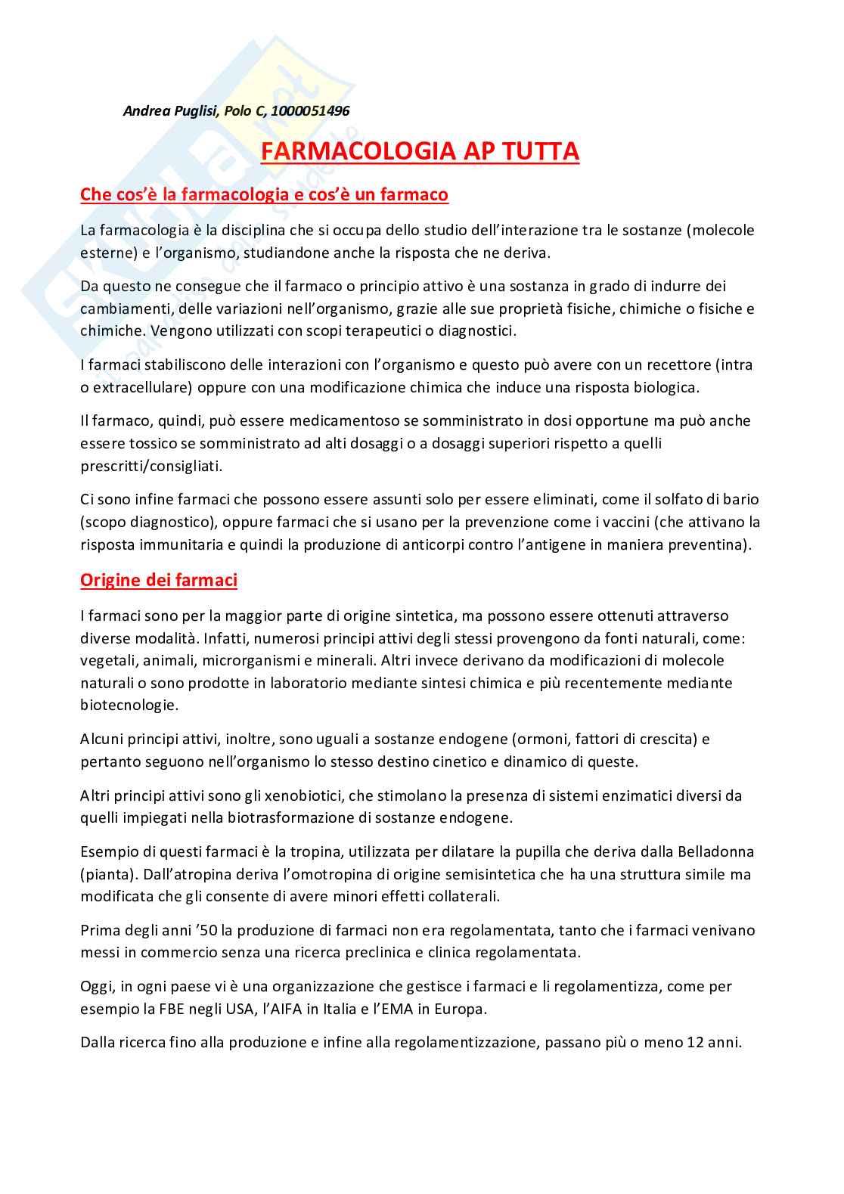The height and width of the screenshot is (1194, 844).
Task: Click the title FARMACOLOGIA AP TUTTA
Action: coord(420,151)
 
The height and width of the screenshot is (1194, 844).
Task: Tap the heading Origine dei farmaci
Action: coord(159,580)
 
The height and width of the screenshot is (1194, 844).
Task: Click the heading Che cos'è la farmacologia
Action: coord(264,194)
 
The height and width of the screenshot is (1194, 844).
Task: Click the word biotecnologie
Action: coord(129,705)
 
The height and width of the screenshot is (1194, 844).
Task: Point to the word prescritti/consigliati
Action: coord(151,466)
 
